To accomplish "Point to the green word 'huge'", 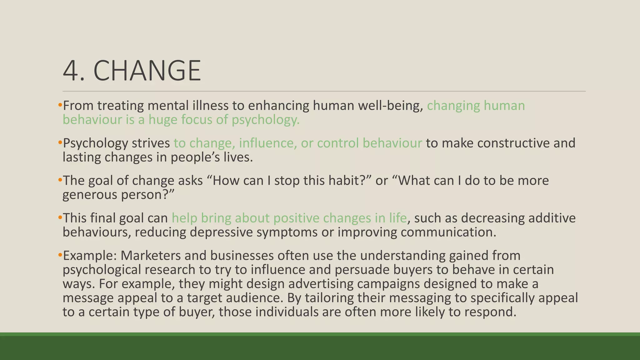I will point(163,120).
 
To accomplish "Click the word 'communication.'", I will point(448,232).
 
